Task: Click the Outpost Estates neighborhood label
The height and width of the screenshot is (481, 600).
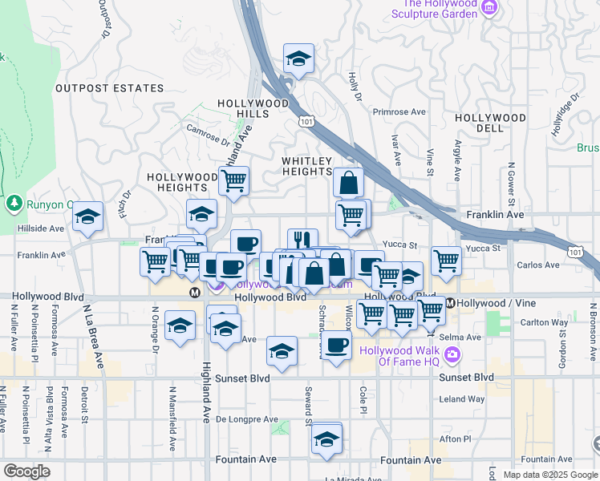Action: click(x=109, y=88)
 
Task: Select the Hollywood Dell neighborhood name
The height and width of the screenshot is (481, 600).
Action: click(x=490, y=123)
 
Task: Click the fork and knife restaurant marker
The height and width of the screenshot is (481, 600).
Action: click(x=302, y=240)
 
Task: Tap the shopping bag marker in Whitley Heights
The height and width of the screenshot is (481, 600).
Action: click(x=349, y=181)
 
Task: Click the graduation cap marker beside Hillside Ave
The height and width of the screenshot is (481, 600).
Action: click(x=87, y=216)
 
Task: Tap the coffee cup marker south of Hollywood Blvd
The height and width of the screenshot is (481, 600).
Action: click(x=337, y=345)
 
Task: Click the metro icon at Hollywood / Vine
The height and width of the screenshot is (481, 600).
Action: click(x=451, y=303)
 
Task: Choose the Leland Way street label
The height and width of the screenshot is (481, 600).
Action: click(x=462, y=399)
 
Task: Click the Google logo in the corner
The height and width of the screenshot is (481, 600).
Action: click(x=26, y=471)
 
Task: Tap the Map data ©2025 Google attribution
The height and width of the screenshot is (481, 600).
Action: click(x=549, y=475)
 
